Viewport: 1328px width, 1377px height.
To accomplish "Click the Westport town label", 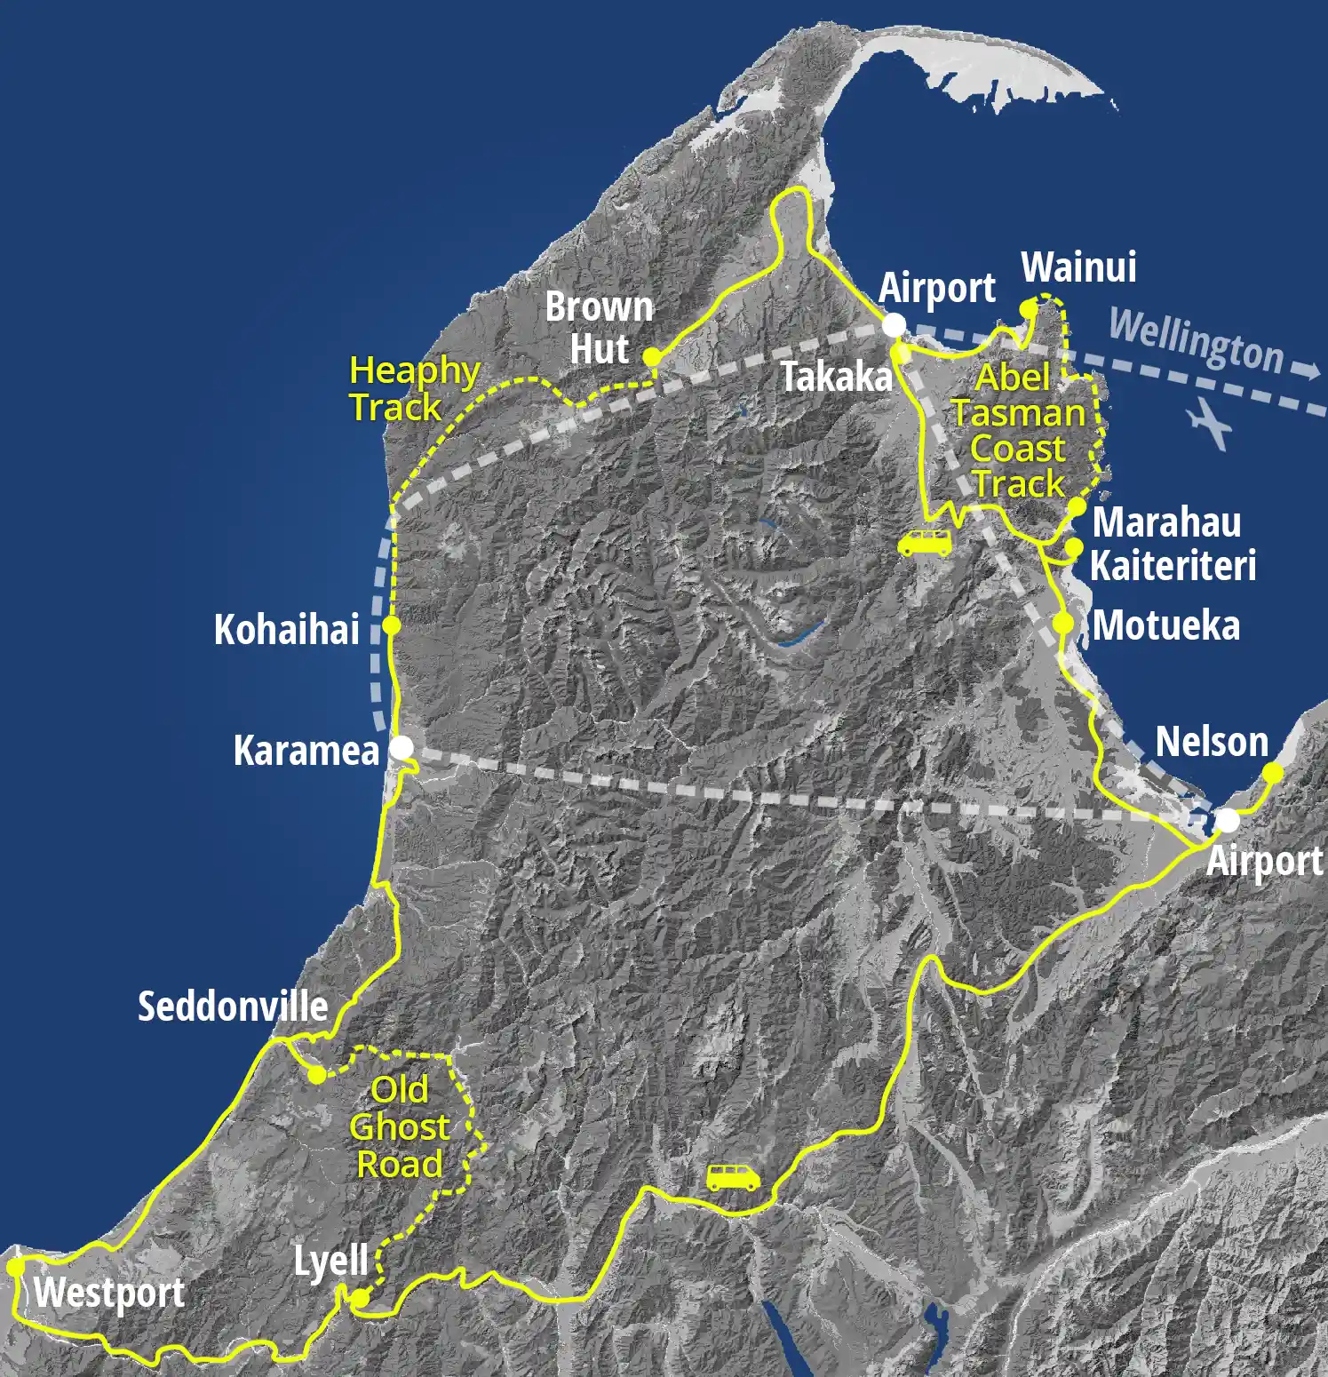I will click(109, 1293).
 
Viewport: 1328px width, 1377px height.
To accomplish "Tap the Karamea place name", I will click(306, 751).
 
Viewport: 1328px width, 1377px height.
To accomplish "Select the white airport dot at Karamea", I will click(402, 748).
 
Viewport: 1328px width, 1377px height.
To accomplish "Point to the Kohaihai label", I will click(286, 630).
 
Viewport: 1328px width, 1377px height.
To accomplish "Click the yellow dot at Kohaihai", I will click(391, 626).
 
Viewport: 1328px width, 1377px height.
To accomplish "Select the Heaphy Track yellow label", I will click(413, 388).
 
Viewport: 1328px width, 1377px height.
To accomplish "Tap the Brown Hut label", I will click(599, 328).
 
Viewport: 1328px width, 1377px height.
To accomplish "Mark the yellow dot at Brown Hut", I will click(651, 356).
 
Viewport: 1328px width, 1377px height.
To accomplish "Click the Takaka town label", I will click(836, 377).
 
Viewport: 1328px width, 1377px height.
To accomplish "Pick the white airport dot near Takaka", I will click(894, 325).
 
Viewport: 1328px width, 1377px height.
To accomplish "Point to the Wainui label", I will click(1078, 267).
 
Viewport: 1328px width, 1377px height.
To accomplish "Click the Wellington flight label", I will click(1196, 340).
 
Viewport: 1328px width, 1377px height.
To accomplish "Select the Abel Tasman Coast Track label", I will click(1018, 431).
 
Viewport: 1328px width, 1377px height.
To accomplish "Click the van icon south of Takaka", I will click(925, 542).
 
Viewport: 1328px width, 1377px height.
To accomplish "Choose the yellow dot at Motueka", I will click(1062, 623).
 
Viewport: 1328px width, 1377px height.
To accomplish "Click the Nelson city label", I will click(1212, 742).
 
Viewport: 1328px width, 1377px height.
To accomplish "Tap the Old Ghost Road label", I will click(400, 1126).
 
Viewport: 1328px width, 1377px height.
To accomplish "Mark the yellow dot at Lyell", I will click(360, 1299).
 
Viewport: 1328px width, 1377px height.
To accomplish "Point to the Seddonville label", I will click(233, 1007).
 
